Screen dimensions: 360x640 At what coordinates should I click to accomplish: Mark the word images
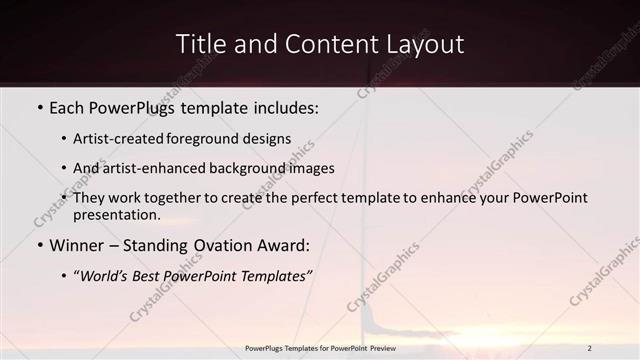tap(309, 168)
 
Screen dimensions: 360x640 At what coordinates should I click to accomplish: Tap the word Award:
tap(283, 245)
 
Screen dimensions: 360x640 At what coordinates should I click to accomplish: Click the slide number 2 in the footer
tap(590, 348)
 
